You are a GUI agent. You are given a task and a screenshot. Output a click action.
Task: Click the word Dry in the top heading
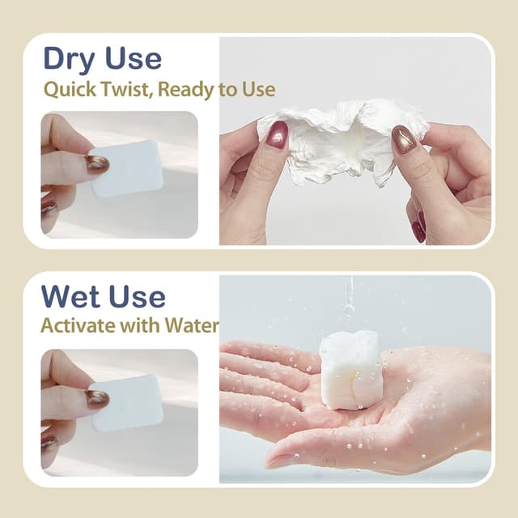[x=69, y=59]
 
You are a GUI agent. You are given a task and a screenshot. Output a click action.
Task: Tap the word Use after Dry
[x=133, y=58]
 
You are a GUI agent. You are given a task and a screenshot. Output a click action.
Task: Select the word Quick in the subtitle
[x=70, y=90]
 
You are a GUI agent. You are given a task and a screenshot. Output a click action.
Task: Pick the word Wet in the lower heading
[x=70, y=296]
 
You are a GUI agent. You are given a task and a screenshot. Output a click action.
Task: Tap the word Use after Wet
[x=137, y=296]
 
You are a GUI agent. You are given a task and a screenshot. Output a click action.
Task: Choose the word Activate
[x=78, y=325]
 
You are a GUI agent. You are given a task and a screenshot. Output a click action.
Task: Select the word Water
[x=192, y=325]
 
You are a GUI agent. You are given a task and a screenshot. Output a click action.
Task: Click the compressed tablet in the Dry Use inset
[x=127, y=169]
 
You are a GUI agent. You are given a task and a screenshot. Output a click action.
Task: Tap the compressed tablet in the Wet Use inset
[x=127, y=403]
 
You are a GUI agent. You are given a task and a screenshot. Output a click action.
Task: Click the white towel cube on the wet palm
[x=350, y=370]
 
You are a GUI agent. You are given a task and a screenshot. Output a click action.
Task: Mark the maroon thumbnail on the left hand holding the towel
[x=277, y=134]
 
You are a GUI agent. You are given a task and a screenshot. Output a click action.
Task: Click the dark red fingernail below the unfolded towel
[x=419, y=227]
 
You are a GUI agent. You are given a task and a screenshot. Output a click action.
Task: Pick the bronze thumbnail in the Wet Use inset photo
[x=97, y=398]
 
